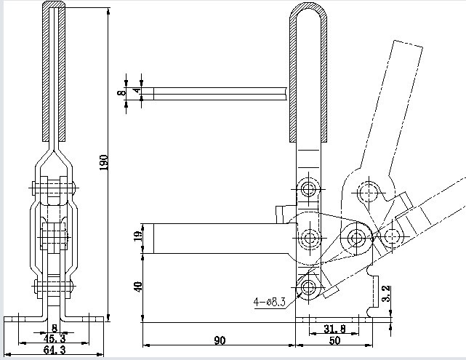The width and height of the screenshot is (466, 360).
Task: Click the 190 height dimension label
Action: point(104,162)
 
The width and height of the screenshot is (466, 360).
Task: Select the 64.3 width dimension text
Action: point(55,350)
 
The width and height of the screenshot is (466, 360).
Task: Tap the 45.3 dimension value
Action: point(55,338)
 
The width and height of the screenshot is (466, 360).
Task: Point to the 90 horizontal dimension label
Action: point(220,340)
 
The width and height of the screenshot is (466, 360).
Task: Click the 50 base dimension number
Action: point(334,340)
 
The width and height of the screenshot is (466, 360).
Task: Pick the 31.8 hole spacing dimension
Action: point(334,329)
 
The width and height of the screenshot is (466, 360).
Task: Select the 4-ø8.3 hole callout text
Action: point(270,302)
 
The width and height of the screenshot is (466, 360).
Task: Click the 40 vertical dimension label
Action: point(139,287)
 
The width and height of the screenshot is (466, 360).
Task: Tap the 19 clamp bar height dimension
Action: point(139,236)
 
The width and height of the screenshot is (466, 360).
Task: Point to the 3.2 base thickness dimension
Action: point(386,293)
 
